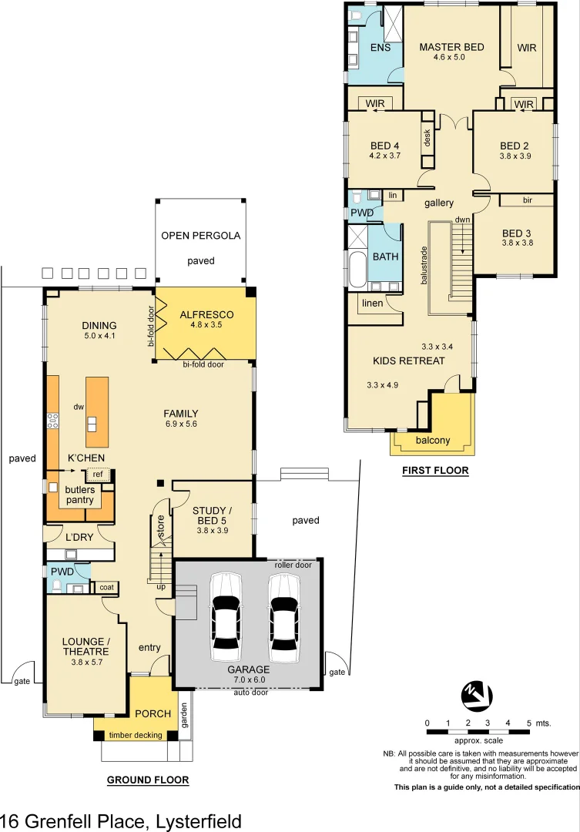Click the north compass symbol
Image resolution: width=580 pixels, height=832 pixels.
[476, 696]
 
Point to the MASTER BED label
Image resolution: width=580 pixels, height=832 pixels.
[451, 47]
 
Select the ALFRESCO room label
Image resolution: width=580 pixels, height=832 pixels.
[206, 315]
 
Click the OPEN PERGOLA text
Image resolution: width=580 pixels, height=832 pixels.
[201, 236]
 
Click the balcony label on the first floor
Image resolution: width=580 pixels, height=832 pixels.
[432, 441]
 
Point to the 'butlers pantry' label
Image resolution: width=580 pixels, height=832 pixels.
[79, 495]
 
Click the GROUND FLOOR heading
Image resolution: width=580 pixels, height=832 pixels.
[147, 780]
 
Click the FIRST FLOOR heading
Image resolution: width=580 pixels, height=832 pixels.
[435, 470]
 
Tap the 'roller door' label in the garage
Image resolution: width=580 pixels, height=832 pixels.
[293, 565]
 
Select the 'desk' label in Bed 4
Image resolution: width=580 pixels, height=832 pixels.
[427, 138]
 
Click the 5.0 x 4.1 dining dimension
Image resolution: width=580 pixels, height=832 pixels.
[99, 336]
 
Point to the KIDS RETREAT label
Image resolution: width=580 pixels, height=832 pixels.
[408, 361]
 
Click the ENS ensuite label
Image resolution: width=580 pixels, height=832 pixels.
[381, 48]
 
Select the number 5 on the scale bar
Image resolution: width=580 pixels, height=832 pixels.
[528, 723]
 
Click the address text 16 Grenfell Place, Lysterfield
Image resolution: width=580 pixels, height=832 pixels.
[121, 821]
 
